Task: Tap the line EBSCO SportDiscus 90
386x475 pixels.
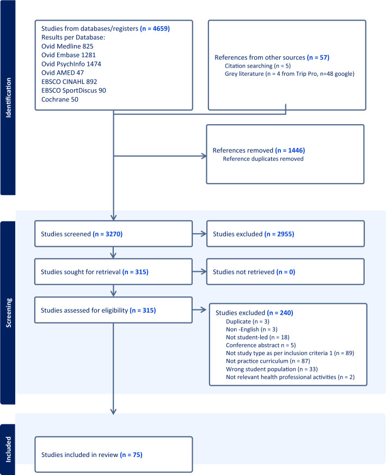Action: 74,90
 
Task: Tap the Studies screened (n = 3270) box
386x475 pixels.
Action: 113,234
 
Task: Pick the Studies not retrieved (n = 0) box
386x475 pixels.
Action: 285,271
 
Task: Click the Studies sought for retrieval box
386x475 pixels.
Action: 113,271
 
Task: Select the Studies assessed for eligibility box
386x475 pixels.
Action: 113,310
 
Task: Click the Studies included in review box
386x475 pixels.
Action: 113,454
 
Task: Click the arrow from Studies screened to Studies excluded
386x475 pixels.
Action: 200,234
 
